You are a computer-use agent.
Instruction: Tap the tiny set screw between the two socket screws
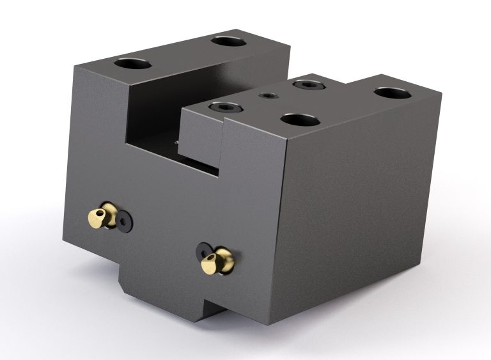[267, 96]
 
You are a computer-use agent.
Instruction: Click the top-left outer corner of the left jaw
[75, 66]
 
